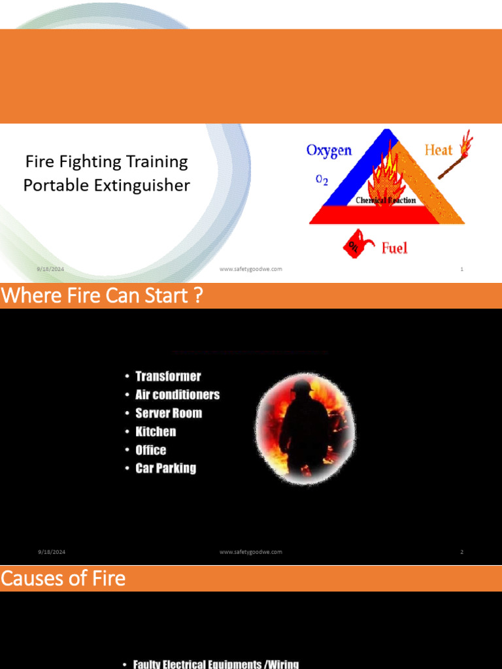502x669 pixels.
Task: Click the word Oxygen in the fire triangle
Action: [x=329, y=150]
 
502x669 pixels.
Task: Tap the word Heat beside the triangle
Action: [x=438, y=150]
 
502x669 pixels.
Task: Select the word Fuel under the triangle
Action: [x=394, y=248]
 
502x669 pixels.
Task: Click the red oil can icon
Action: [x=356, y=243]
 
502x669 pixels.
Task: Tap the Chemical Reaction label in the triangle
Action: [x=386, y=201]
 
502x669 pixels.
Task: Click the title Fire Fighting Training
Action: [x=106, y=161]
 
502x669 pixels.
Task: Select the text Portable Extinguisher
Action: [x=106, y=185]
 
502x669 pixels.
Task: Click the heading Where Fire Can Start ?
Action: [x=102, y=296]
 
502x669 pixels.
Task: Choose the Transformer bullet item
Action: [x=168, y=376]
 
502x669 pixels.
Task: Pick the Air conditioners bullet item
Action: [x=177, y=395]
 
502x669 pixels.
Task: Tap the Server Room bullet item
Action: [x=169, y=413]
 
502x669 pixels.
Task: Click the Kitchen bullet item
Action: [x=156, y=431]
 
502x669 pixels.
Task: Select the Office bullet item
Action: [x=151, y=449]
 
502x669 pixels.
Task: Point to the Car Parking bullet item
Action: [x=165, y=468]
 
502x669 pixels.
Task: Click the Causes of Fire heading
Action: [x=63, y=578]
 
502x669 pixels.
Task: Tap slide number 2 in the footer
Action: [x=461, y=552]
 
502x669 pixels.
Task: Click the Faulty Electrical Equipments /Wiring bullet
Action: [x=216, y=664]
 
